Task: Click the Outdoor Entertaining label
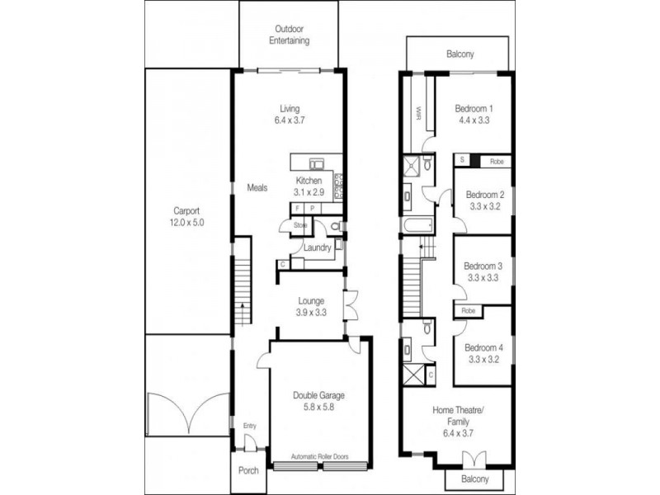pyautogui.click(x=287, y=35)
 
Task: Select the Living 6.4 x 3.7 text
pyautogui.click(x=289, y=115)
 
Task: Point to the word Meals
pyautogui.click(x=257, y=188)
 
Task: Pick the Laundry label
pyautogui.click(x=317, y=247)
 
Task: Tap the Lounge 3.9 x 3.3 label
pyautogui.click(x=310, y=307)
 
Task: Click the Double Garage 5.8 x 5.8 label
pyautogui.click(x=318, y=402)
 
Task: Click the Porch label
pyautogui.click(x=247, y=471)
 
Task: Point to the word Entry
pyautogui.click(x=249, y=426)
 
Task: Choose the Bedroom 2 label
pyautogui.click(x=484, y=200)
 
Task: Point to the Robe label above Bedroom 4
pyautogui.click(x=468, y=311)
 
